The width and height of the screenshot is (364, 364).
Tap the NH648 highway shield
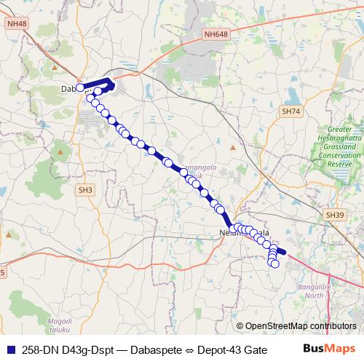click(215, 33)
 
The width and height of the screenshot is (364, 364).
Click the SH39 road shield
click(334, 215)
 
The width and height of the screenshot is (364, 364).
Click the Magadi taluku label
click(59, 325)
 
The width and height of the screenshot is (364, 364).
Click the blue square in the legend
click(11, 349)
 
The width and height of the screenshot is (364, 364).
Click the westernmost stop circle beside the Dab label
click(80, 88)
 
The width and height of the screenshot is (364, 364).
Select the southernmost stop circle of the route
click(275, 264)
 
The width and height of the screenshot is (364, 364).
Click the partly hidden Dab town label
click(68, 88)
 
